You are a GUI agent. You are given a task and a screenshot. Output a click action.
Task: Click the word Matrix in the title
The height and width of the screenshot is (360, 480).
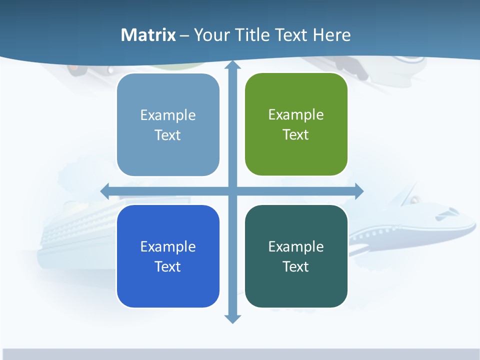(148, 35)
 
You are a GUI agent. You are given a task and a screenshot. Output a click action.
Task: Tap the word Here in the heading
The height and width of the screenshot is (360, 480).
(331, 35)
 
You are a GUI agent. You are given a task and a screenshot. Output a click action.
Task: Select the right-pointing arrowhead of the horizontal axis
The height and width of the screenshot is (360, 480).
(359, 191)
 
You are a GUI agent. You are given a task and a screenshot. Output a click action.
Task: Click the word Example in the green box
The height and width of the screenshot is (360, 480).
(296, 115)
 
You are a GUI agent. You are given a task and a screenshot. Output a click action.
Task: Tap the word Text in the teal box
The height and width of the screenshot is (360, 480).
(296, 266)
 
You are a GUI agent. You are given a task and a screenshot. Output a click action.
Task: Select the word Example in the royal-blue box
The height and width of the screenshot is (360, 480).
(168, 246)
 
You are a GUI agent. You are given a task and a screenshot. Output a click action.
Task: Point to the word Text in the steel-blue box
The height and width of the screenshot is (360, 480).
(168, 135)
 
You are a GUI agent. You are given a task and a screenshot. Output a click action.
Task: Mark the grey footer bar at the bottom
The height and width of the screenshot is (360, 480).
(240, 354)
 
